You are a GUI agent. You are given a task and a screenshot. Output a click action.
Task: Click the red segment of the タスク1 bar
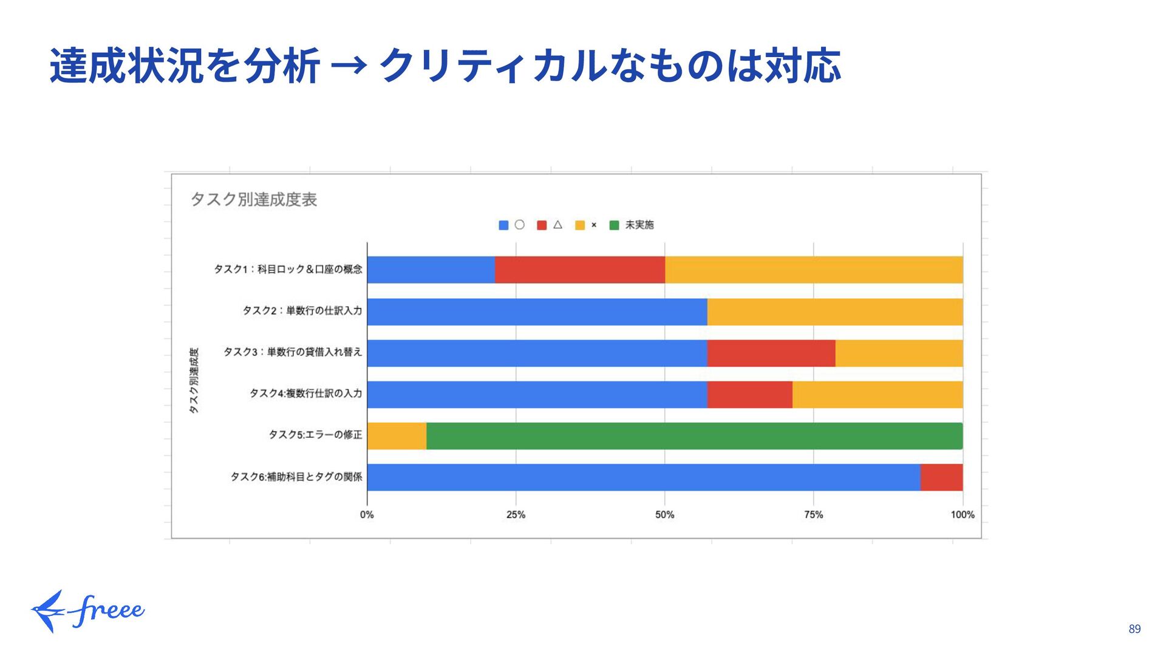tap(579, 270)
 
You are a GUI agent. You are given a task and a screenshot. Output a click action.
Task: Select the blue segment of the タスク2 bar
tap(537, 312)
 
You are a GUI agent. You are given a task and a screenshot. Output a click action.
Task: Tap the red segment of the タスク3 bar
tap(771, 353)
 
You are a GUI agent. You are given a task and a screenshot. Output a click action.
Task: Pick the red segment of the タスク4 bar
tap(749, 394)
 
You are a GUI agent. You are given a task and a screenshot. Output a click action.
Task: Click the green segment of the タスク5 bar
tap(694, 436)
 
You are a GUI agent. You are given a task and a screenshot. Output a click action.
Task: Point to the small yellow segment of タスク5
tap(397, 436)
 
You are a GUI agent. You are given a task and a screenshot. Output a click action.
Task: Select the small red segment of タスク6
tap(941, 477)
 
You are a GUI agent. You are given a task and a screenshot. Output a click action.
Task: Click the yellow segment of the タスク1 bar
tap(813, 270)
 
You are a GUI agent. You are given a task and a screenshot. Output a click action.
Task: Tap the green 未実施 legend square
tap(614, 225)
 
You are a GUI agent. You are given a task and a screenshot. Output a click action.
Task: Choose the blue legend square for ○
tap(503, 225)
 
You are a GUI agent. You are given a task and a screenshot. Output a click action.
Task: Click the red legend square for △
tap(542, 225)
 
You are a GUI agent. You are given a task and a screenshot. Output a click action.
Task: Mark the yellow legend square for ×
tap(580, 225)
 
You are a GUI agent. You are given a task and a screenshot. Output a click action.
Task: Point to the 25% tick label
tap(516, 515)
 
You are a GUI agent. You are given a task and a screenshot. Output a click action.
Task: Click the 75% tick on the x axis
tap(813, 515)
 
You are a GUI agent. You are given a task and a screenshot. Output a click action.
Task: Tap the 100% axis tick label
tap(962, 515)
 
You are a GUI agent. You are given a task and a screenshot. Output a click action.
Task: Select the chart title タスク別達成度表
tap(254, 199)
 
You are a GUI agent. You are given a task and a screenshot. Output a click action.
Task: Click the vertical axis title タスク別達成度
tap(194, 380)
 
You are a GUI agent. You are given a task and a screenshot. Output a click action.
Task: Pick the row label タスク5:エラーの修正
tap(315, 435)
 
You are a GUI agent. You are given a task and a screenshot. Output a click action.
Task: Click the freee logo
tap(88, 611)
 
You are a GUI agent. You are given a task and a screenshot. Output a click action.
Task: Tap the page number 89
tap(1134, 629)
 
